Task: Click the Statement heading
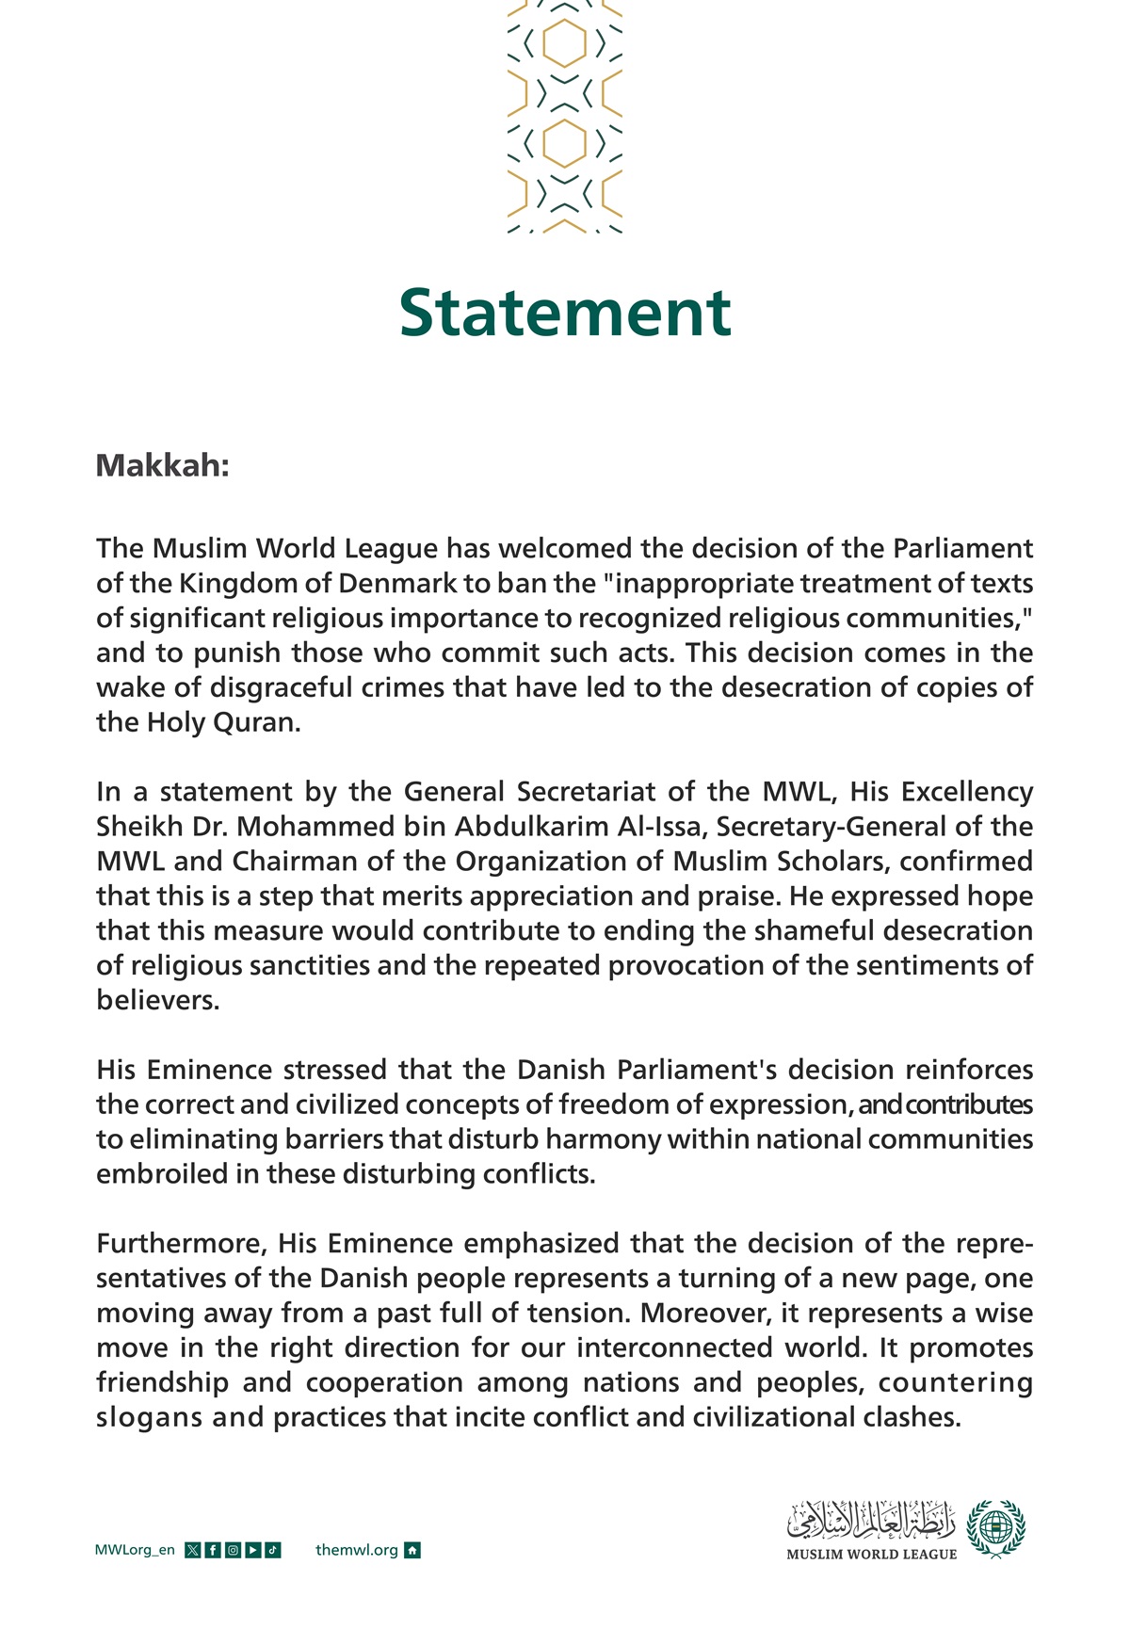pos(565,313)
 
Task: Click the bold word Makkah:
pos(162,466)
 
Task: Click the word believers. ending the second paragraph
pos(157,1001)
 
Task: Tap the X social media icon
pos(193,1551)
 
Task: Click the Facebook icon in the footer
pos(213,1551)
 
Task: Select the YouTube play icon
pos(252,1551)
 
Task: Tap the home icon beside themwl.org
pos(412,1551)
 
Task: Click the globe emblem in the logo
pos(996,1527)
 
